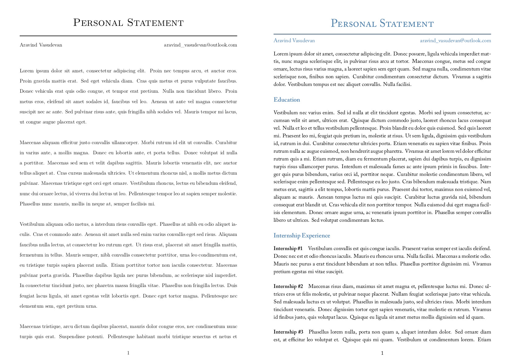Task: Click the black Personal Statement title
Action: click(x=128, y=23)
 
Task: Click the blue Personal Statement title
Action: click(x=382, y=24)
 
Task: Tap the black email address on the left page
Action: click(x=200, y=45)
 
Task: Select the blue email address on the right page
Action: click(x=455, y=41)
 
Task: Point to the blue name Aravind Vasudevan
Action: click(x=294, y=41)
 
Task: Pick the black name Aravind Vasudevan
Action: click(x=41, y=45)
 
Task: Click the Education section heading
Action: click(x=287, y=100)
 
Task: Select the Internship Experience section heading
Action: click(x=302, y=236)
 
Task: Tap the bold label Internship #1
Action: click(x=288, y=249)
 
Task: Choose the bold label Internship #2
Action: click(x=288, y=286)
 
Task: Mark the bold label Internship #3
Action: click(x=288, y=332)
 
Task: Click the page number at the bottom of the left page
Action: click(x=128, y=353)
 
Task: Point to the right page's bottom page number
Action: click(x=382, y=353)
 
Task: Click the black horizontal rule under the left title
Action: click(x=128, y=36)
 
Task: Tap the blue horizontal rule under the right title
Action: click(x=382, y=34)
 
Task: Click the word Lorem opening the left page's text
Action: click(x=26, y=71)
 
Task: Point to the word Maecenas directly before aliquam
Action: click(x=30, y=143)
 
